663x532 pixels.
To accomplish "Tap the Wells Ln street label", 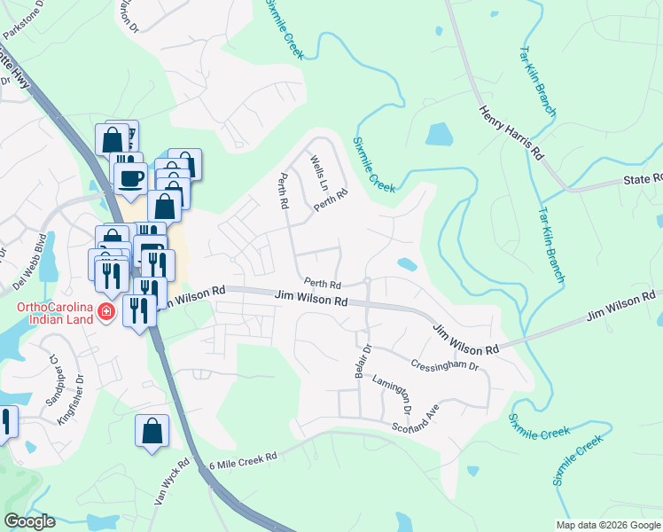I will (319, 175).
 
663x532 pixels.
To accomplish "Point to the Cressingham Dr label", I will (445, 365).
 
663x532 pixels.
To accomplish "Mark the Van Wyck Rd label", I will (174, 481).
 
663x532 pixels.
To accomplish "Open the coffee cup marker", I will (130, 177).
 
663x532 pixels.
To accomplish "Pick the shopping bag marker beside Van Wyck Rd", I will (152, 432).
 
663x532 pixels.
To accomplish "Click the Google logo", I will (29, 521).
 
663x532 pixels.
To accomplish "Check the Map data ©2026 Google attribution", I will (608, 525).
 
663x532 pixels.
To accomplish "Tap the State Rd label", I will (642, 179).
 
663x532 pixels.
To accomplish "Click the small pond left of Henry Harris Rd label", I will (440, 134).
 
